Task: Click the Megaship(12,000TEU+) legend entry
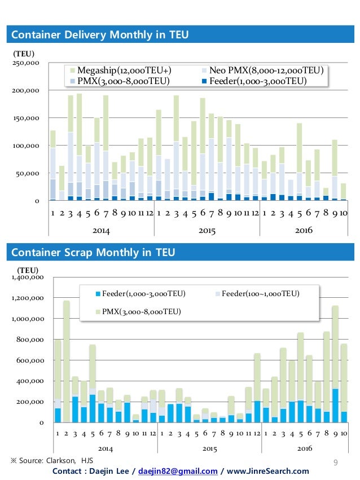coord(121,71)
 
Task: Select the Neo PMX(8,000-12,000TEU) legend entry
coord(262,71)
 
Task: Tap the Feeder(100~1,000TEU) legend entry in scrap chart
coord(257,294)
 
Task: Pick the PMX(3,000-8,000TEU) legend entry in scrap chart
coord(138,311)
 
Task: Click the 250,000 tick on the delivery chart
coord(26,63)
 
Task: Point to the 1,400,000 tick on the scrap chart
coord(28,278)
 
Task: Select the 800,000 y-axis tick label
coord(30,340)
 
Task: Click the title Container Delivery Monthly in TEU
coord(100,34)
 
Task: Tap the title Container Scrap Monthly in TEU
coord(93,252)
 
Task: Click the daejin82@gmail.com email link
coord(178,471)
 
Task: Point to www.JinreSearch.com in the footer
coord(267,471)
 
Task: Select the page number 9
coord(336,463)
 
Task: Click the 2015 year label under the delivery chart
coord(207,231)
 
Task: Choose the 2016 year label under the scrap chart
coord(305,448)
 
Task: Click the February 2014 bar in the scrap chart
coord(67,362)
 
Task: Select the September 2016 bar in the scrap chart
coord(335,364)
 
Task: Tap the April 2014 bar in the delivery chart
coord(79,147)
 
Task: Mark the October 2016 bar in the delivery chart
coord(344,192)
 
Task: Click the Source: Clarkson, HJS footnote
coord(52,461)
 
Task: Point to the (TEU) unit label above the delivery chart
coord(24,54)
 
